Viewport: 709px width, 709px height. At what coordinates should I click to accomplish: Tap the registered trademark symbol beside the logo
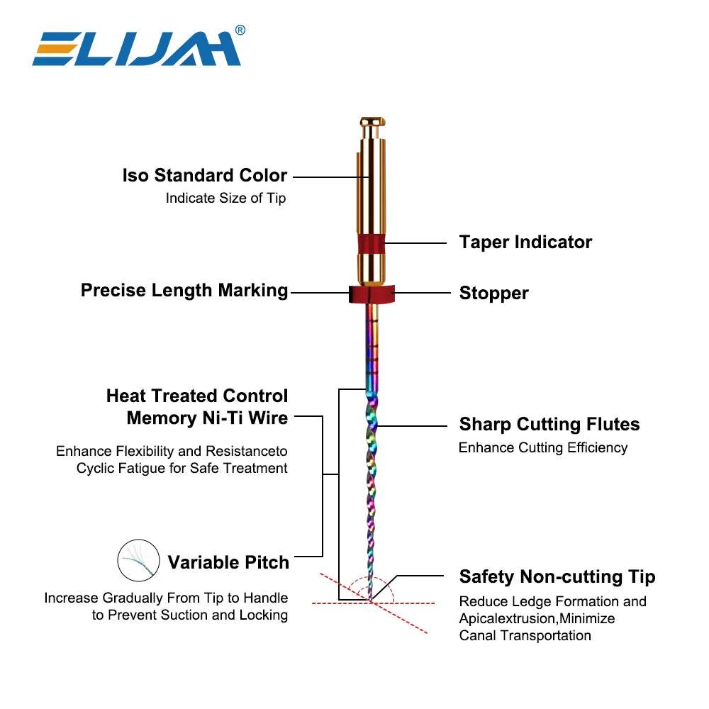click(240, 30)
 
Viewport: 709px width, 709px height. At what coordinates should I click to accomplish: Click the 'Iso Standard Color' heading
click(204, 175)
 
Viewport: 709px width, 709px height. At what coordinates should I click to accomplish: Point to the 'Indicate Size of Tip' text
click(225, 199)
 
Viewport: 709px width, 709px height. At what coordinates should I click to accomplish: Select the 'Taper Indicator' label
click(525, 242)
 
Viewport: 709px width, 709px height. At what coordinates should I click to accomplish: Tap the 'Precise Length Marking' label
click(184, 290)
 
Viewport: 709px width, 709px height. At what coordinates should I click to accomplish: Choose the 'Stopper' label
click(493, 293)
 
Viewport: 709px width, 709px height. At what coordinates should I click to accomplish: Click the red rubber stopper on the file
click(371, 294)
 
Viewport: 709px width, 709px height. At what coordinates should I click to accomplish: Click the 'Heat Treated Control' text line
click(197, 396)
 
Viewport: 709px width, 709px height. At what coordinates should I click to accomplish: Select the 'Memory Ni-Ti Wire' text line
click(207, 418)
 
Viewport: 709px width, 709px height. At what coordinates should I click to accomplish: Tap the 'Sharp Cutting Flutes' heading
click(549, 425)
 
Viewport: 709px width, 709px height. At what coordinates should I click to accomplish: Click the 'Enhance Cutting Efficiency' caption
click(543, 448)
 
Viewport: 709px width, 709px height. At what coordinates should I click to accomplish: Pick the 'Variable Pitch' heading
click(228, 563)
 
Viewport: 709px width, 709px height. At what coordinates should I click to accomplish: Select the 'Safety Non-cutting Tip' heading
click(557, 576)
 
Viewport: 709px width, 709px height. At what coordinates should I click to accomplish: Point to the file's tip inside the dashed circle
click(371, 600)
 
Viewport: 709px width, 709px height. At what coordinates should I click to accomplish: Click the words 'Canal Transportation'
click(525, 635)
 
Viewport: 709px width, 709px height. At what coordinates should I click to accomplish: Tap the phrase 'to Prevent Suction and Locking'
click(190, 615)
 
